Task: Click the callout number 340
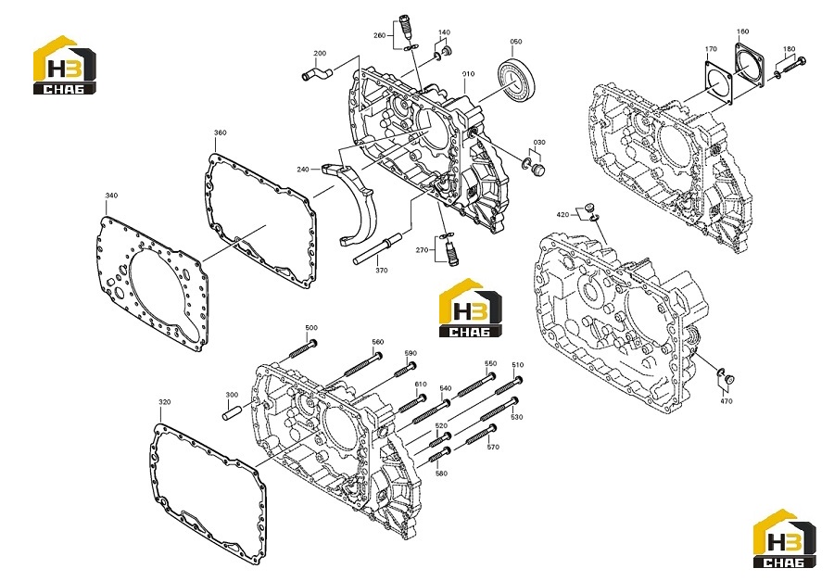click(x=111, y=196)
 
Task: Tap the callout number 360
click(x=221, y=133)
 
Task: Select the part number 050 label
click(x=516, y=41)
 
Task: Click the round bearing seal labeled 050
click(x=517, y=80)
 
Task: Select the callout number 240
click(x=303, y=170)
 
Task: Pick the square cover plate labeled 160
click(x=750, y=65)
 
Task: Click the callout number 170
click(x=711, y=49)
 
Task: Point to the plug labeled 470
click(x=729, y=379)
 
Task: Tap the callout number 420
click(x=562, y=215)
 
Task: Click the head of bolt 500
click(x=313, y=343)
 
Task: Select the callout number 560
click(x=378, y=342)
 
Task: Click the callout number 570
click(x=493, y=447)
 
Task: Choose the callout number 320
click(x=165, y=402)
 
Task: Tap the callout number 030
click(x=539, y=143)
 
